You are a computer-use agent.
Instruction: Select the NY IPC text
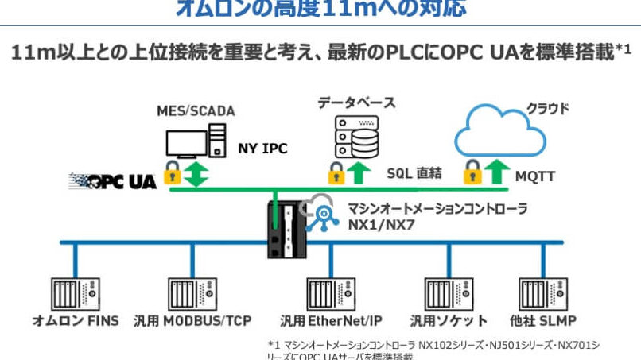click(262, 148)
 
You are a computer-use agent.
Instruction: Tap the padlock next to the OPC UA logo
click(171, 172)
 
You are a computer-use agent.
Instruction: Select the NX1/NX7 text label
click(380, 225)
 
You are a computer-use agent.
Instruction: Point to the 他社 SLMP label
click(542, 321)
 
